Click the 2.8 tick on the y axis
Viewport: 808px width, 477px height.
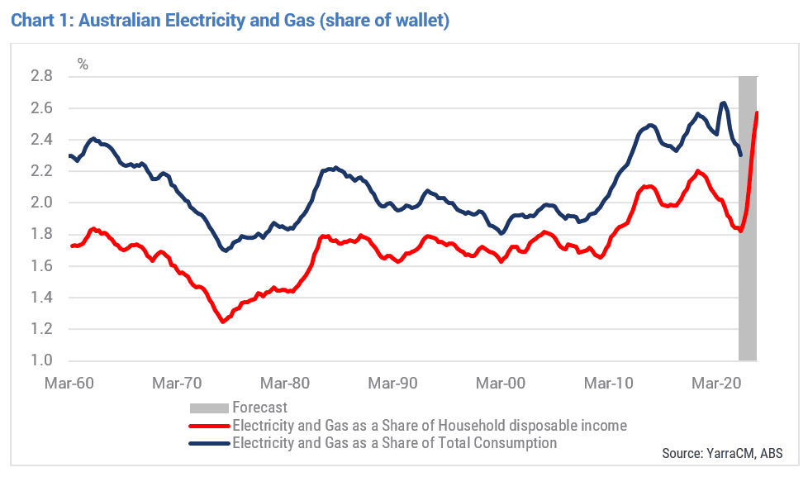[42, 76]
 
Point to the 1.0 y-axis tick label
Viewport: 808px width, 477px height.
[42, 360]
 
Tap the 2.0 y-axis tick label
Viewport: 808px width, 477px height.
[42, 203]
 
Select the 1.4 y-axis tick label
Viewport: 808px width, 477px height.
[42, 297]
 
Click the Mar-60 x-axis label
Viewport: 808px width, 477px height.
[69, 383]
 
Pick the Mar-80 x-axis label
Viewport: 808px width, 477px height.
[285, 383]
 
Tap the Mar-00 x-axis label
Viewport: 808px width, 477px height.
[501, 383]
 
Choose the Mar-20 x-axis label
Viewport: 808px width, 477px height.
[716, 383]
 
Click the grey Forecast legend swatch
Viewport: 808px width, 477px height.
[209, 408]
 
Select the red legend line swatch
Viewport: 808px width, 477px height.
[209, 426]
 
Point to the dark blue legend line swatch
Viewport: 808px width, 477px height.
[209, 443]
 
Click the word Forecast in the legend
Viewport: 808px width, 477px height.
[259, 408]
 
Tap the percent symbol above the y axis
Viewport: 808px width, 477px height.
[83, 64]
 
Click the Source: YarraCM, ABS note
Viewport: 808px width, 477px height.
[722, 453]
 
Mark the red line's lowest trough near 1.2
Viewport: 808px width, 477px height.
[222, 322]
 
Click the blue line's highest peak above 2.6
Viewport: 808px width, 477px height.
[724, 103]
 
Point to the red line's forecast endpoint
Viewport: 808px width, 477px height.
[757, 112]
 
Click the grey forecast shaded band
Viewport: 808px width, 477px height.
[748, 218]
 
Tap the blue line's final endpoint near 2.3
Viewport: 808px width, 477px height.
[741, 155]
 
